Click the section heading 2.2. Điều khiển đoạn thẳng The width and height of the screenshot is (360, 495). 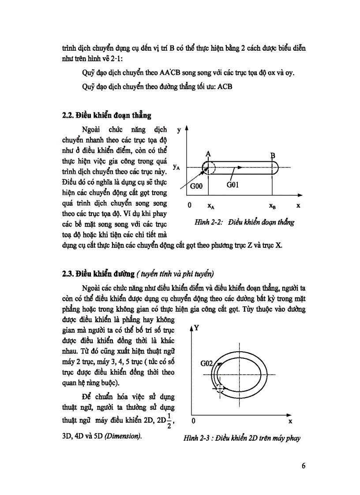click(107, 116)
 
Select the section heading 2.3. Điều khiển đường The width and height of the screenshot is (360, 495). click(98, 274)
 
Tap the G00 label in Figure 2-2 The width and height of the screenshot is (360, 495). click(196, 186)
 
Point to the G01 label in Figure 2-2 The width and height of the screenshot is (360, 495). click(232, 185)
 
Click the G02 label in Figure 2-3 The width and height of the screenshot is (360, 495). click(207, 364)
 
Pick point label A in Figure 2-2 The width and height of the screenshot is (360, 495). click(208, 153)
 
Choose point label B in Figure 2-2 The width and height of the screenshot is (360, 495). click(272, 155)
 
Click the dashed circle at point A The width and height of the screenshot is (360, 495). click(209, 168)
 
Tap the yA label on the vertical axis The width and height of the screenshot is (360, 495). click(176, 167)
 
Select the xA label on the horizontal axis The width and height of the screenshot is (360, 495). click(211, 206)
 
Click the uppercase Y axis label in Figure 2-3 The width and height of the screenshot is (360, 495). click(197, 328)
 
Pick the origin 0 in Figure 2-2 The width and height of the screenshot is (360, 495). click(189, 205)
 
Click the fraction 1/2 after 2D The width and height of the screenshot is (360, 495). click(169, 421)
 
